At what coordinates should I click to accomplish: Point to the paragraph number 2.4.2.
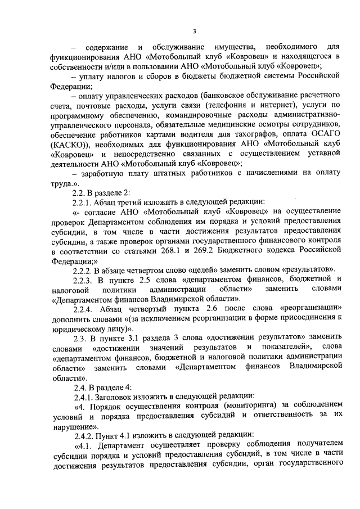pos(84,436)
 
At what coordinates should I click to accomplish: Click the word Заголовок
pos(124,396)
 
